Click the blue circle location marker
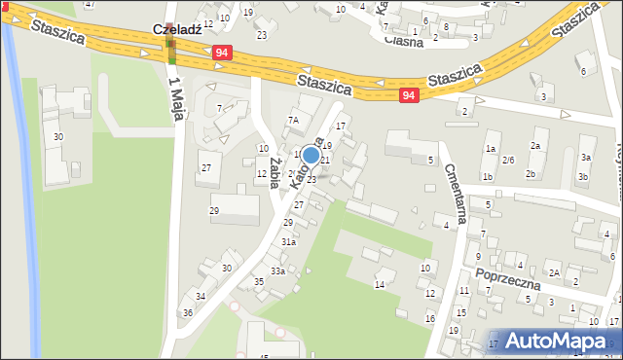tap(311, 155)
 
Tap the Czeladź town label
tap(177, 30)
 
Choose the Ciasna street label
tap(403, 41)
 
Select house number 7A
tap(292, 120)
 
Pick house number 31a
tap(288, 241)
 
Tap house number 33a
tap(277, 270)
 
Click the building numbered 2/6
tap(508, 161)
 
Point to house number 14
tap(380, 285)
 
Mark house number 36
tap(188, 312)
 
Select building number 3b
tap(582, 176)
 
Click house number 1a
tap(491, 148)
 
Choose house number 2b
tap(531, 174)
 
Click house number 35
tap(259, 282)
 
